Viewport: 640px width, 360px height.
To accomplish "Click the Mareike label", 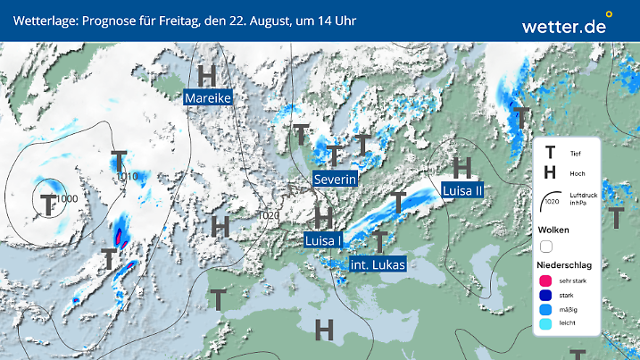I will click(209, 97).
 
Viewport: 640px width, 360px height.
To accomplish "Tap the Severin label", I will click(336, 180).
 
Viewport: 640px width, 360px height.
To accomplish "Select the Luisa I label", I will click(324, 240).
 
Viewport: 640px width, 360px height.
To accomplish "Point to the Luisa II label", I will click(462, 189).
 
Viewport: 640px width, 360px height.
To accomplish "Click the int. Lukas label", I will click(378, 264).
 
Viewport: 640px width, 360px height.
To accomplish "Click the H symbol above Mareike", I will click(209, 74).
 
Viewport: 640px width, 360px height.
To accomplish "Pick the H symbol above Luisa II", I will click(462, 167).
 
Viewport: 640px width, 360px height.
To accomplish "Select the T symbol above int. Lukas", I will click(380, 240).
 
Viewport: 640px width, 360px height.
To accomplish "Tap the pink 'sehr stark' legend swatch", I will click(546, 280).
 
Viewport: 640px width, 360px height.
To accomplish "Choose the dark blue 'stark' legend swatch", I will click(546, 296).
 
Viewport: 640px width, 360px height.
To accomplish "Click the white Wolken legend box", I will click(546, 246).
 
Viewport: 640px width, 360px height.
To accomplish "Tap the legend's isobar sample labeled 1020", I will click(551, 202).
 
